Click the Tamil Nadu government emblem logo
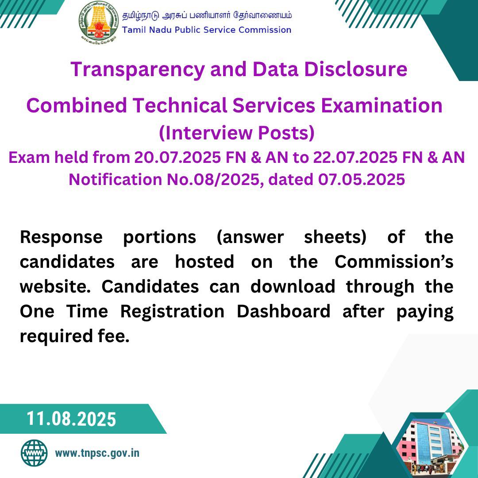(x=98, y=20)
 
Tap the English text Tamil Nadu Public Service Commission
(x=207, y=30)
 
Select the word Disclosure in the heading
(x=355, y=69)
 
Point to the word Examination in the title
(x=382, y=105)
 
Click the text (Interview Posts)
(x=237, y=133)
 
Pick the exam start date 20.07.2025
(x=177, y=157)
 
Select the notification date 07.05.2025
(x=362, y=179)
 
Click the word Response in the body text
(x=61, y=238)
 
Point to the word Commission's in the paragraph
(x=394, y=262)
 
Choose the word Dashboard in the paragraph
(x=284, y=311)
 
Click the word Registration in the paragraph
(x=172, y=312)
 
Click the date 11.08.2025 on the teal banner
(x=71, y=419)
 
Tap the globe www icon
(x=34, y=453)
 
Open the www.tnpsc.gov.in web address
(x=97, y=453)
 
